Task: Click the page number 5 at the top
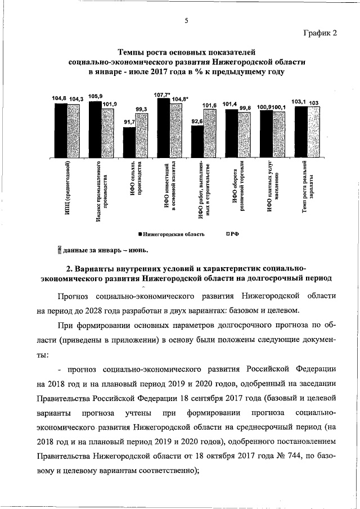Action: pos(186,21)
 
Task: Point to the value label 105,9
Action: pos(96,96)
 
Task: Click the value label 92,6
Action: pos(197,121)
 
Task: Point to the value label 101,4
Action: pos(229,105)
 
